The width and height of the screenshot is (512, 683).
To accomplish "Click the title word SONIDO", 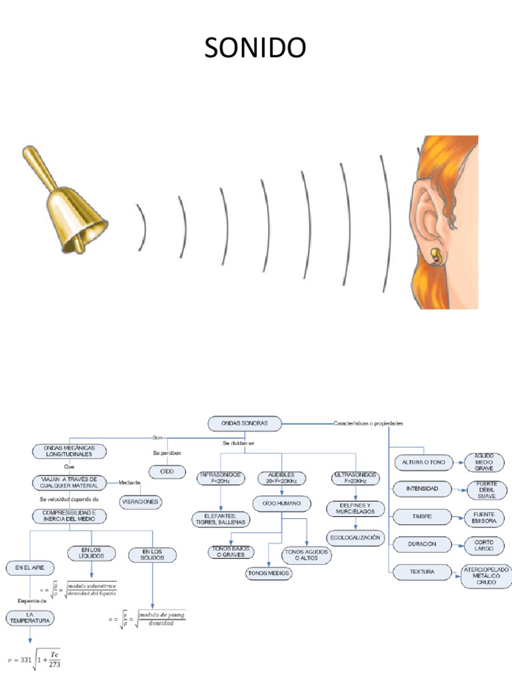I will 255,48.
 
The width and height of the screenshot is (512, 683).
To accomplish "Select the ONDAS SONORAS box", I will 244,423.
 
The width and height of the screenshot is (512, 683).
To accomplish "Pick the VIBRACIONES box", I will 141,500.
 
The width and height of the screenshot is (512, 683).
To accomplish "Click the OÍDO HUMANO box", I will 282,504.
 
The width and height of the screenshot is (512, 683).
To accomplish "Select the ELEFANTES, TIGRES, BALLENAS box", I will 220,519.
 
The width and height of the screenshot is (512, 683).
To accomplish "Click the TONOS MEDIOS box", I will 269,572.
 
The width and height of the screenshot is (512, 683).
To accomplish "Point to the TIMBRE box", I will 422,516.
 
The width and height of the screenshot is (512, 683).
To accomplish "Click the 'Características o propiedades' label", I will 367,423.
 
